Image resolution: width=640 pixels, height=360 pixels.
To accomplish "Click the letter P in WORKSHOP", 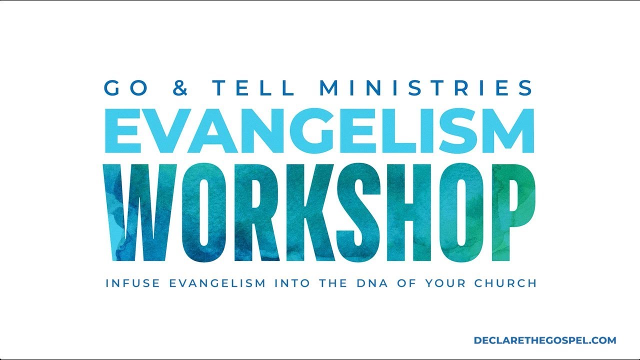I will (511, 212).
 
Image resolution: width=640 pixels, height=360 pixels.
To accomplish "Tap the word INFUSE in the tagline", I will (132, 283).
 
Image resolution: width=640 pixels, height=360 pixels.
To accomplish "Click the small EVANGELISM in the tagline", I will (217, 283).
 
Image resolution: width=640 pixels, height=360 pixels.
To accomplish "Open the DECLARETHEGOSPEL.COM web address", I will (545, 340).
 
